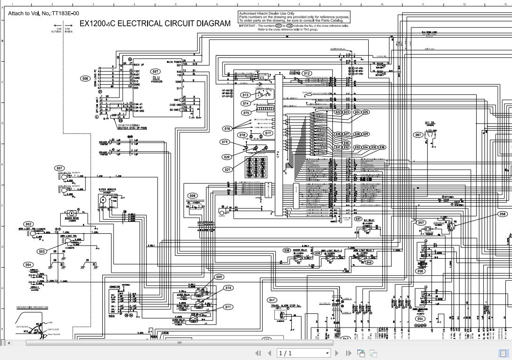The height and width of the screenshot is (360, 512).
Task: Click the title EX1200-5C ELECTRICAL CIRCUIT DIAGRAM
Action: [x=155, y=23]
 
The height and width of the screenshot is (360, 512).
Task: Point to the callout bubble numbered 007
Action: [x=155, y=72]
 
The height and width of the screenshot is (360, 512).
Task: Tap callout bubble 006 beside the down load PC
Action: [x=85, y=79]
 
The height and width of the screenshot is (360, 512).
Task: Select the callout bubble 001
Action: [x=59, y=168]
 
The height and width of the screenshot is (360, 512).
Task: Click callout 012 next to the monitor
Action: [x=307, y=74]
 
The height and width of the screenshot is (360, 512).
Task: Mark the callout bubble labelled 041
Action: [x=272, y=300]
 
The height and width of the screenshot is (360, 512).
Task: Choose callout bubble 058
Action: [x=502, y=214]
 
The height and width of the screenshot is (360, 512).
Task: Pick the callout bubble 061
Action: [x=418, y=135]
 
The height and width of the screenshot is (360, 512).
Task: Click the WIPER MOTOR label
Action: [x=107, y=189]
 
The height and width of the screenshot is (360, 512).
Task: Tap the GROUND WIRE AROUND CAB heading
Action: [x=32, y=308]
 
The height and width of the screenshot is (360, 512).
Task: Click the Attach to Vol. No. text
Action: [x=43, y=13]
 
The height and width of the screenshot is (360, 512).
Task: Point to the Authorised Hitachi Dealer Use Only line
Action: [x=267, y=14]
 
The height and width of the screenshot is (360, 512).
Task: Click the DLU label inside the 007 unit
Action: [x=156, y=78]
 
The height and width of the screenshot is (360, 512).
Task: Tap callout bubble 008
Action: [x=192, y=196]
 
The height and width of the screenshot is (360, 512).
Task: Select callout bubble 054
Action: [x=420, y=319]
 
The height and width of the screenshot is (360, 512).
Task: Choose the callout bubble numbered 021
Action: [x=227, y=170]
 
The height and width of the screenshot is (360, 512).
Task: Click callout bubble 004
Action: [x=29, y=265]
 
